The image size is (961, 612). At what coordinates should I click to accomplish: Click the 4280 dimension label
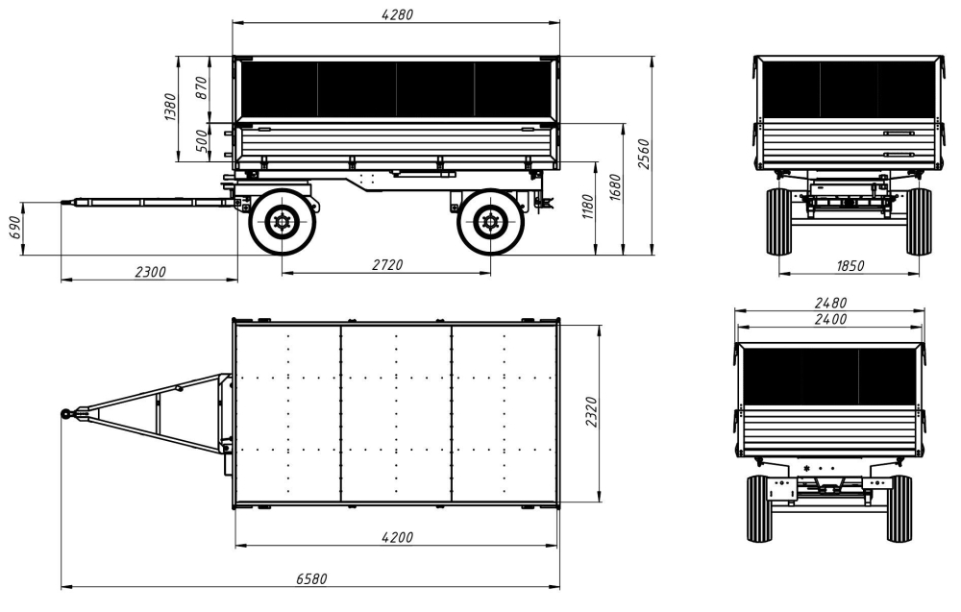pos(397,14)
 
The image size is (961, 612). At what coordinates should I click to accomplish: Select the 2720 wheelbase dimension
pos(387,264)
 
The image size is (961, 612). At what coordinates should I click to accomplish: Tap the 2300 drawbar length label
pos(150,271)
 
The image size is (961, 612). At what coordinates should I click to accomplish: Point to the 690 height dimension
pos(15,228)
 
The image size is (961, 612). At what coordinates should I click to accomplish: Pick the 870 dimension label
pos(202,88)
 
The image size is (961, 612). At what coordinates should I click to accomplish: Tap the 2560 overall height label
pos(644,155)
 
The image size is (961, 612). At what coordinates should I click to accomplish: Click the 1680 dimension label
pos(615,186)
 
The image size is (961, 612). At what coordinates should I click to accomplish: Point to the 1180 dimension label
pos(587,207)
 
